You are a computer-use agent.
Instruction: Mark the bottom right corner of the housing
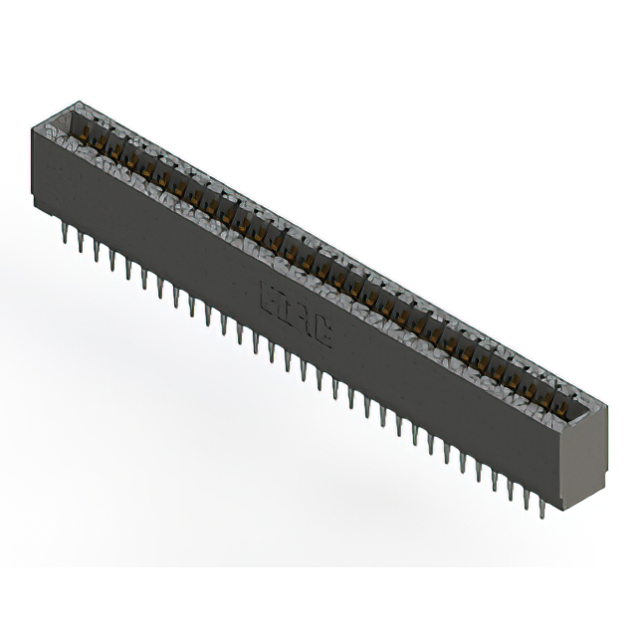[x=563, y=509]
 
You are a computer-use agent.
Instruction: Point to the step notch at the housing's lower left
[x=40, y=204]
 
